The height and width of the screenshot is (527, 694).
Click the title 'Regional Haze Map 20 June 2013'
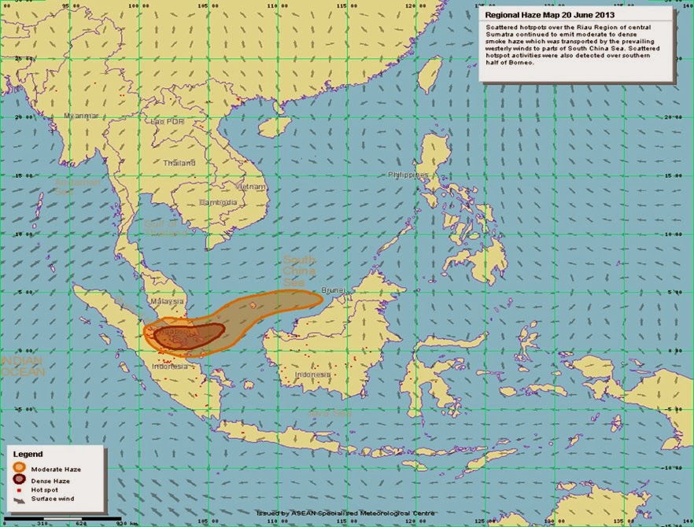550,15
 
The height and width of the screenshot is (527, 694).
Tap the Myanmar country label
81,116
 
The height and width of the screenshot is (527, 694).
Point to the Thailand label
179,163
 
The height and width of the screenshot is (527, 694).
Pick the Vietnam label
252,186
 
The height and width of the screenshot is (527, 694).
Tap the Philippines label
408,175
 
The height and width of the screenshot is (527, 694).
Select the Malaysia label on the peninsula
167,300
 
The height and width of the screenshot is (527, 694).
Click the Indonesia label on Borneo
312,374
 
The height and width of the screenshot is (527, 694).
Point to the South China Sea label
300,271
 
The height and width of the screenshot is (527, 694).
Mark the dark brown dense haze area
189,336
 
